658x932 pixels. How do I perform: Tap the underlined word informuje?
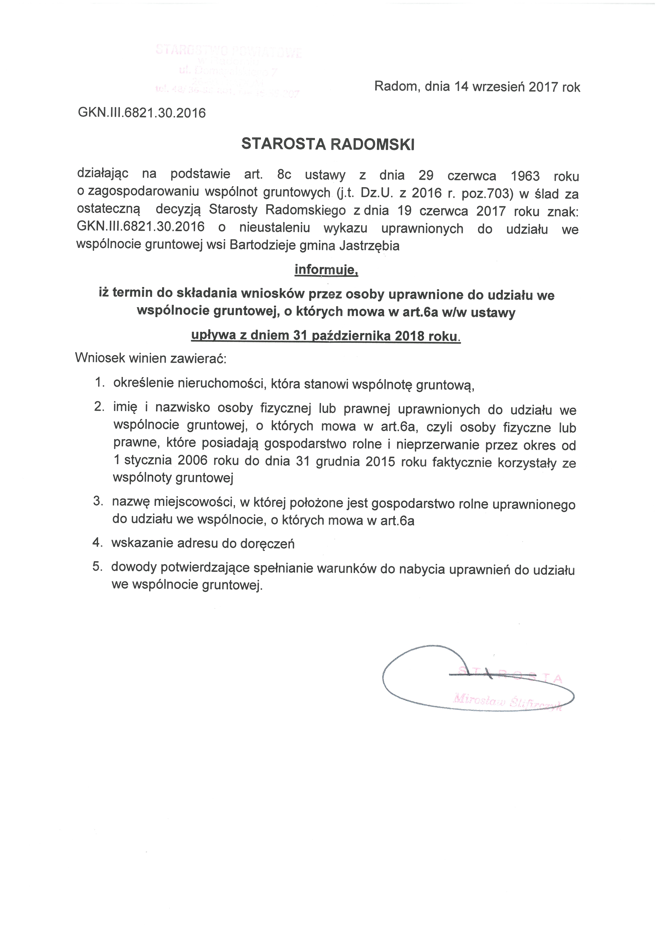pyautogui.click(x=326, y=270)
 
